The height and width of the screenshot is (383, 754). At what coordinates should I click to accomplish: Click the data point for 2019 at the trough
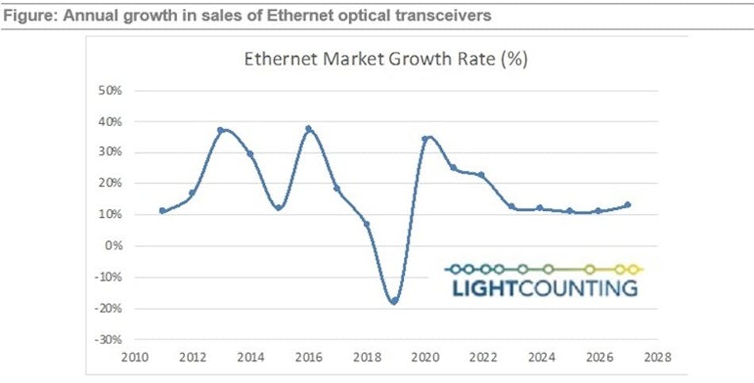click(x=393, y=301)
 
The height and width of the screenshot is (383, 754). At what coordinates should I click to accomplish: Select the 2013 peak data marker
click(x=220, y=130)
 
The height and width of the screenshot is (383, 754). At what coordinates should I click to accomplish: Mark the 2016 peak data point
click(x=308, y=128)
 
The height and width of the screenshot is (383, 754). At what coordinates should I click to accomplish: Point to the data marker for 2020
click(x=425, y=139)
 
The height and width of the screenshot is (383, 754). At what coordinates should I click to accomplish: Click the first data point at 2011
click(x=162, y=211)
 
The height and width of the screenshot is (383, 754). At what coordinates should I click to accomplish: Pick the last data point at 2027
click(x=628, y=205)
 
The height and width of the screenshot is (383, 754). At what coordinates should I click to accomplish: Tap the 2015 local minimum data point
click(x=279, y=208)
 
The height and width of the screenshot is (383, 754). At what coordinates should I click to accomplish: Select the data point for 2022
click(x=481, y=175)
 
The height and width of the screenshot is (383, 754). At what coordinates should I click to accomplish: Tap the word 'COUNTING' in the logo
click(x=577, y=287)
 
